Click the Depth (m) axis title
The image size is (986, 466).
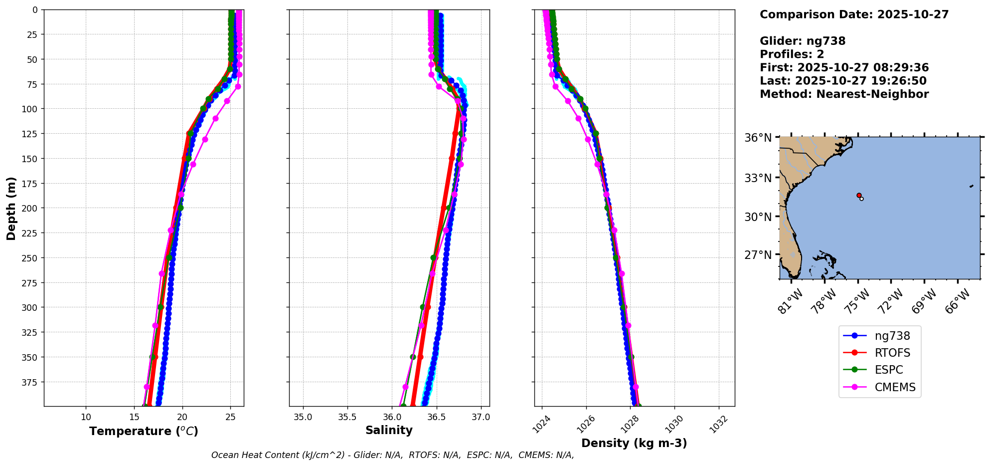[11, 208]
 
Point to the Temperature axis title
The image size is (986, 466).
[144, 431]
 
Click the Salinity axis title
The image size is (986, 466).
[389, 430]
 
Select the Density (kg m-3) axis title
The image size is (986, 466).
[634, 443]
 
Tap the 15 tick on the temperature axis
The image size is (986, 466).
[134, 417]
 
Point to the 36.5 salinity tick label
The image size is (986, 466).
[436, 417]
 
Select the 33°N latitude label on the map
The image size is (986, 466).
[758, 178]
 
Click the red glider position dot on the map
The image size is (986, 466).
[859, 195]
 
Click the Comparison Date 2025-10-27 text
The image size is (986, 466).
[854, 14]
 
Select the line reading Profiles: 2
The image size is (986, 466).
[792, 54]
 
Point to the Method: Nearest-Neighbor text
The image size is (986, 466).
[844, 94]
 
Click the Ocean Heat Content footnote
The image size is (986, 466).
[392, 455]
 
